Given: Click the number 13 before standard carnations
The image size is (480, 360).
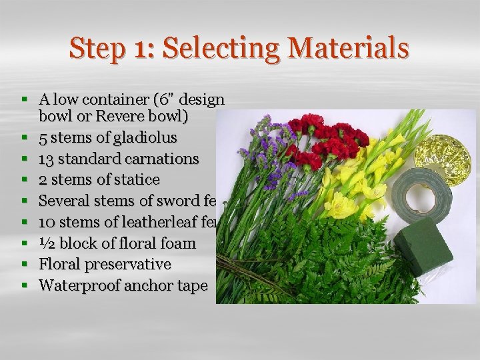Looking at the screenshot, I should [x=47, y=159].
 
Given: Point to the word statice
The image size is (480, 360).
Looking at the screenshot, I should [x=137, y=180].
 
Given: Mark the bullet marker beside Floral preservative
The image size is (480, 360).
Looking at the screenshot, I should [x=24, y=265].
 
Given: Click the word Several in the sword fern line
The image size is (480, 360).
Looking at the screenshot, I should [x=62, y=201].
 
